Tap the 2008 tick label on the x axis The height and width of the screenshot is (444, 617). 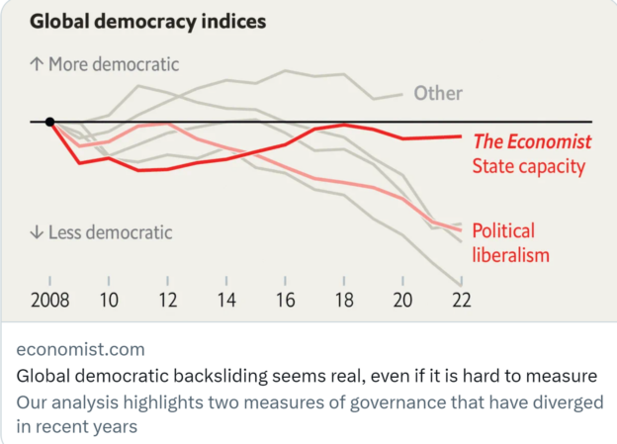pyautogui.click(x=49, y=300)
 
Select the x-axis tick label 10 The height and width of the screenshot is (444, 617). pyautogui.click(x=109, y=300)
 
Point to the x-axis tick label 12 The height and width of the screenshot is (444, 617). pyautogui.click(x=168, y=300)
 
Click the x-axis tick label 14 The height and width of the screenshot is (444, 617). pyautogui.click(x=226, y=300)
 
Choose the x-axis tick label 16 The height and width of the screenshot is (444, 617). pyautogui.click(x=286, y=300)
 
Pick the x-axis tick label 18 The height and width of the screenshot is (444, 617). pyautogui.click(x=344, y=300)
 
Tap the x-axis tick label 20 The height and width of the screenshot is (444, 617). pyautogui.click(x=402, y=300)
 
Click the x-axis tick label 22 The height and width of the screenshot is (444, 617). pyautogui.click(x=461, y=300)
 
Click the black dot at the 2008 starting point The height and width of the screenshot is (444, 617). pyautogui.click(x=49, y=122)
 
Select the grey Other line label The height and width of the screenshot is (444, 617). pyautogui.click(x=438, y=94)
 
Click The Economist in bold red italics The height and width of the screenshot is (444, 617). pyautogui.click(x=532, y=141)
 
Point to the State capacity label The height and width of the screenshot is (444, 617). pyautogui.click(x=529, y=166)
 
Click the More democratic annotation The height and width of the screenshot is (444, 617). pyautogui.click(x=115, y=65)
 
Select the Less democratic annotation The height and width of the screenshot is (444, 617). pyautogui.click(x=110, y=233)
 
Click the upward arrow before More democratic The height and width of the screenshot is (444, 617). pyautogui.click(x=37, y=65)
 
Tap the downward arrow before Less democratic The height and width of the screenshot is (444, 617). pyautogui.click(x=37, y=233)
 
